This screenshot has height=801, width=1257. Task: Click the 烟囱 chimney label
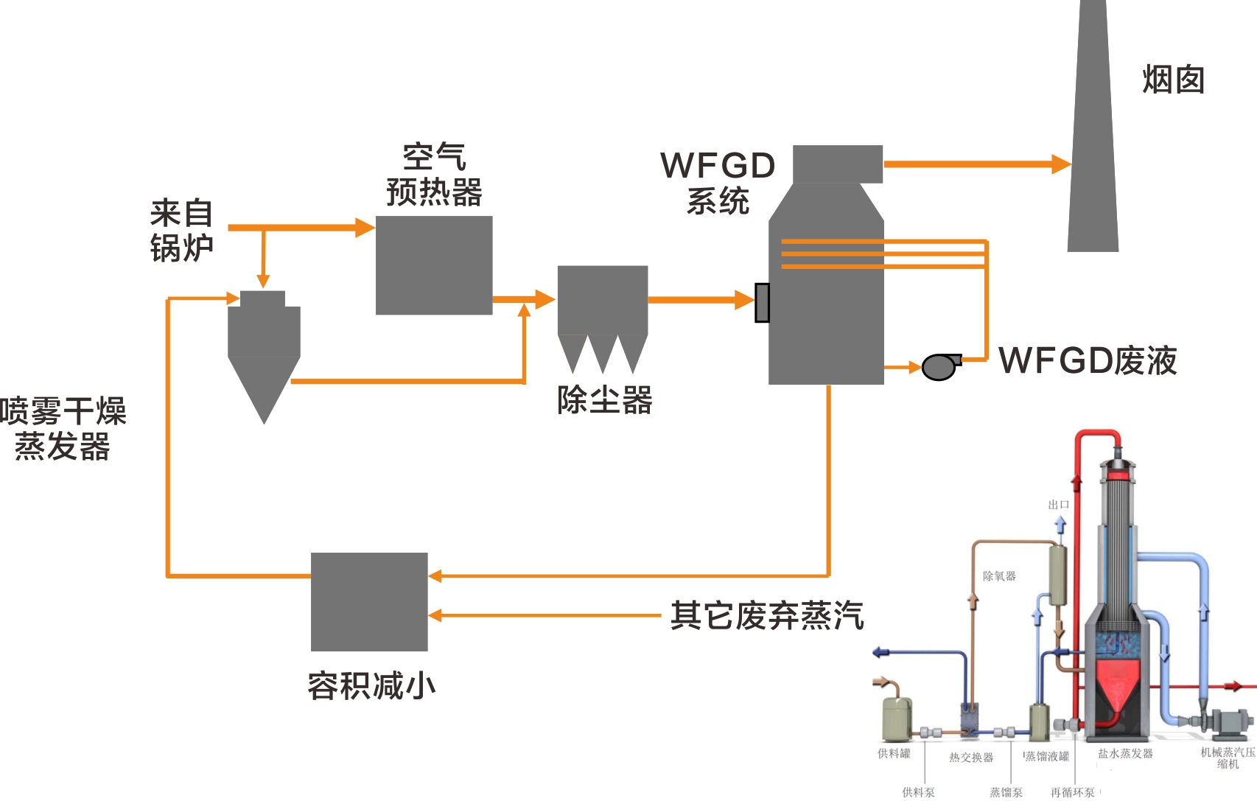[x=1173, y=80]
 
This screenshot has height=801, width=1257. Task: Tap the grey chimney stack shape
[x=1093, y=147]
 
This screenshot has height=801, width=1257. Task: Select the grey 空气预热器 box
[x=434, y=265]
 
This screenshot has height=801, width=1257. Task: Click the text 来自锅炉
[x=181, y=231]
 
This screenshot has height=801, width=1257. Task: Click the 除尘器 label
[x=604, y=400]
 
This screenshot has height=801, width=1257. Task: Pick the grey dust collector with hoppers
[x=603, y=309]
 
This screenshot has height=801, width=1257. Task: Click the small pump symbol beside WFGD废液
[x=940, y=366]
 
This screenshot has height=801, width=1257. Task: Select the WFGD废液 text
[x=1088, y=361]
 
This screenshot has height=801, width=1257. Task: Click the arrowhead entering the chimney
[x=1061, y=164]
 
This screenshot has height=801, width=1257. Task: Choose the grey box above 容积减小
[x=369, y=601]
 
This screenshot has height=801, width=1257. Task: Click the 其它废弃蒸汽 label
[x=766, y=615]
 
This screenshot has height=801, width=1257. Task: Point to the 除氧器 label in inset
[x=999, y=576]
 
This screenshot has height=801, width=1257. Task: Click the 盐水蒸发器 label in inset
[x=1125, y=753]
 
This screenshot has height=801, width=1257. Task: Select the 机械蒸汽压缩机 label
[x=1228, y=758]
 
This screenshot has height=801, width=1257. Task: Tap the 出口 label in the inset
[x=1058, y=505]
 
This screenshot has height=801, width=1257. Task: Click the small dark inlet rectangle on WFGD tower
[x=763, y=303]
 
